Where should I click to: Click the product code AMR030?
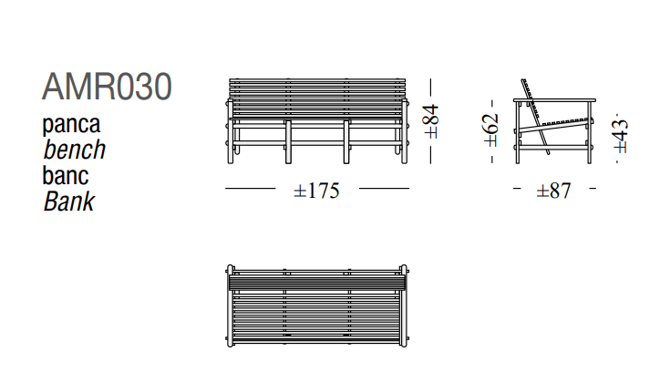[107, 87]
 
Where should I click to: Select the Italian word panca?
[71, 124]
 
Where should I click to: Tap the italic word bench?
[75, 150]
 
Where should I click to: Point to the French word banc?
[66, 175]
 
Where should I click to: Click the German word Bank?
[69, 202]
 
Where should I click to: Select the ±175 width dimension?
[316, 191]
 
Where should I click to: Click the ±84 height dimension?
[431, 121]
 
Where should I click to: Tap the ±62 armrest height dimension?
[490, 129]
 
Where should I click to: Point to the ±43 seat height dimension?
[621, 137]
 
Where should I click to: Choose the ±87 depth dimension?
[554, 191]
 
